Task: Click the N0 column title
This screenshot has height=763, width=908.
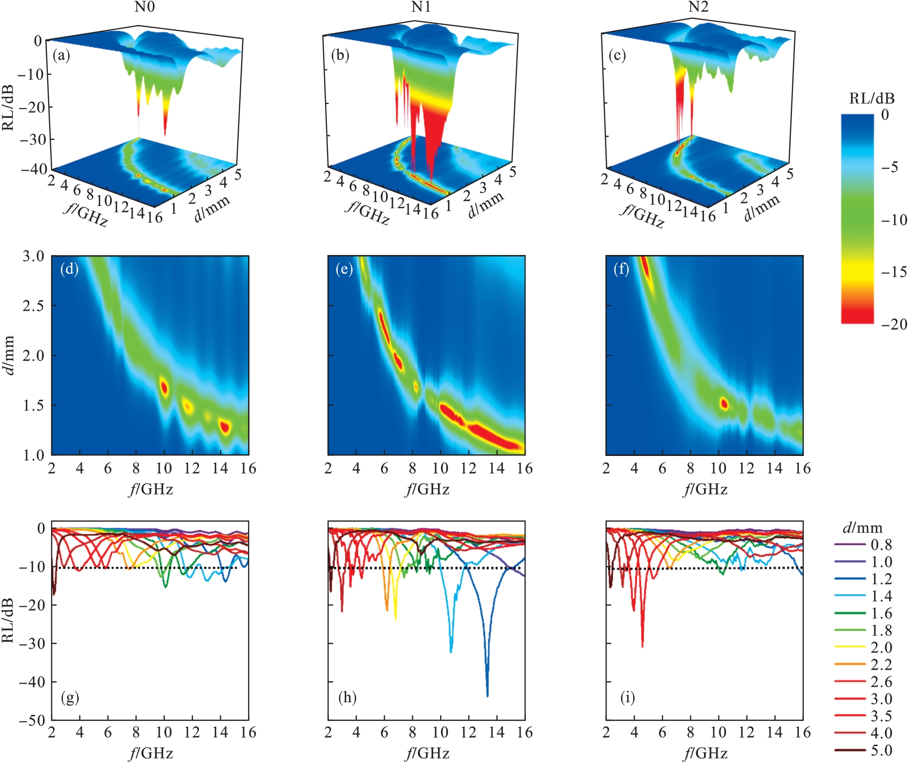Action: click(x=144, y=7)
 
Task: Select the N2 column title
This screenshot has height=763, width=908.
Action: click(x=698, y=7)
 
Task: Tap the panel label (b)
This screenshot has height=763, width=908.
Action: click(x=340, y=55)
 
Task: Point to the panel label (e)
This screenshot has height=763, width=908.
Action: click(x=344, y=269)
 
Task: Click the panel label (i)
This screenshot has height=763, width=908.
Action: click(x=627, y=698)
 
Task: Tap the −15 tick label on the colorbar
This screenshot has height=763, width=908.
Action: click(x=894, y=272)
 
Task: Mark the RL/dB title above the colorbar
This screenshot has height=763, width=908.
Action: click(x=872, y=99)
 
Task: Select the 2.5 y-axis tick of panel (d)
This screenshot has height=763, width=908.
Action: click(x=34, y=306)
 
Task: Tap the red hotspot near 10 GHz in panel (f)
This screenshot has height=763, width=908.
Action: click(x=724, y=403)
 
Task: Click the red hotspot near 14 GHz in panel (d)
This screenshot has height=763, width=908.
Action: click(x=225, y=426)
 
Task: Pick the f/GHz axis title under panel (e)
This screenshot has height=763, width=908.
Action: click(x=427, y=490)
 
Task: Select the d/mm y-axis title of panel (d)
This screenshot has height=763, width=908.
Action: click(x=8, y=355)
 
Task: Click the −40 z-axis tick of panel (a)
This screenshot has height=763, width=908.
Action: click(x=34, y=169)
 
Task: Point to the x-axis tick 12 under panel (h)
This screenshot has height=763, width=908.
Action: click(x=468, y=733)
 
